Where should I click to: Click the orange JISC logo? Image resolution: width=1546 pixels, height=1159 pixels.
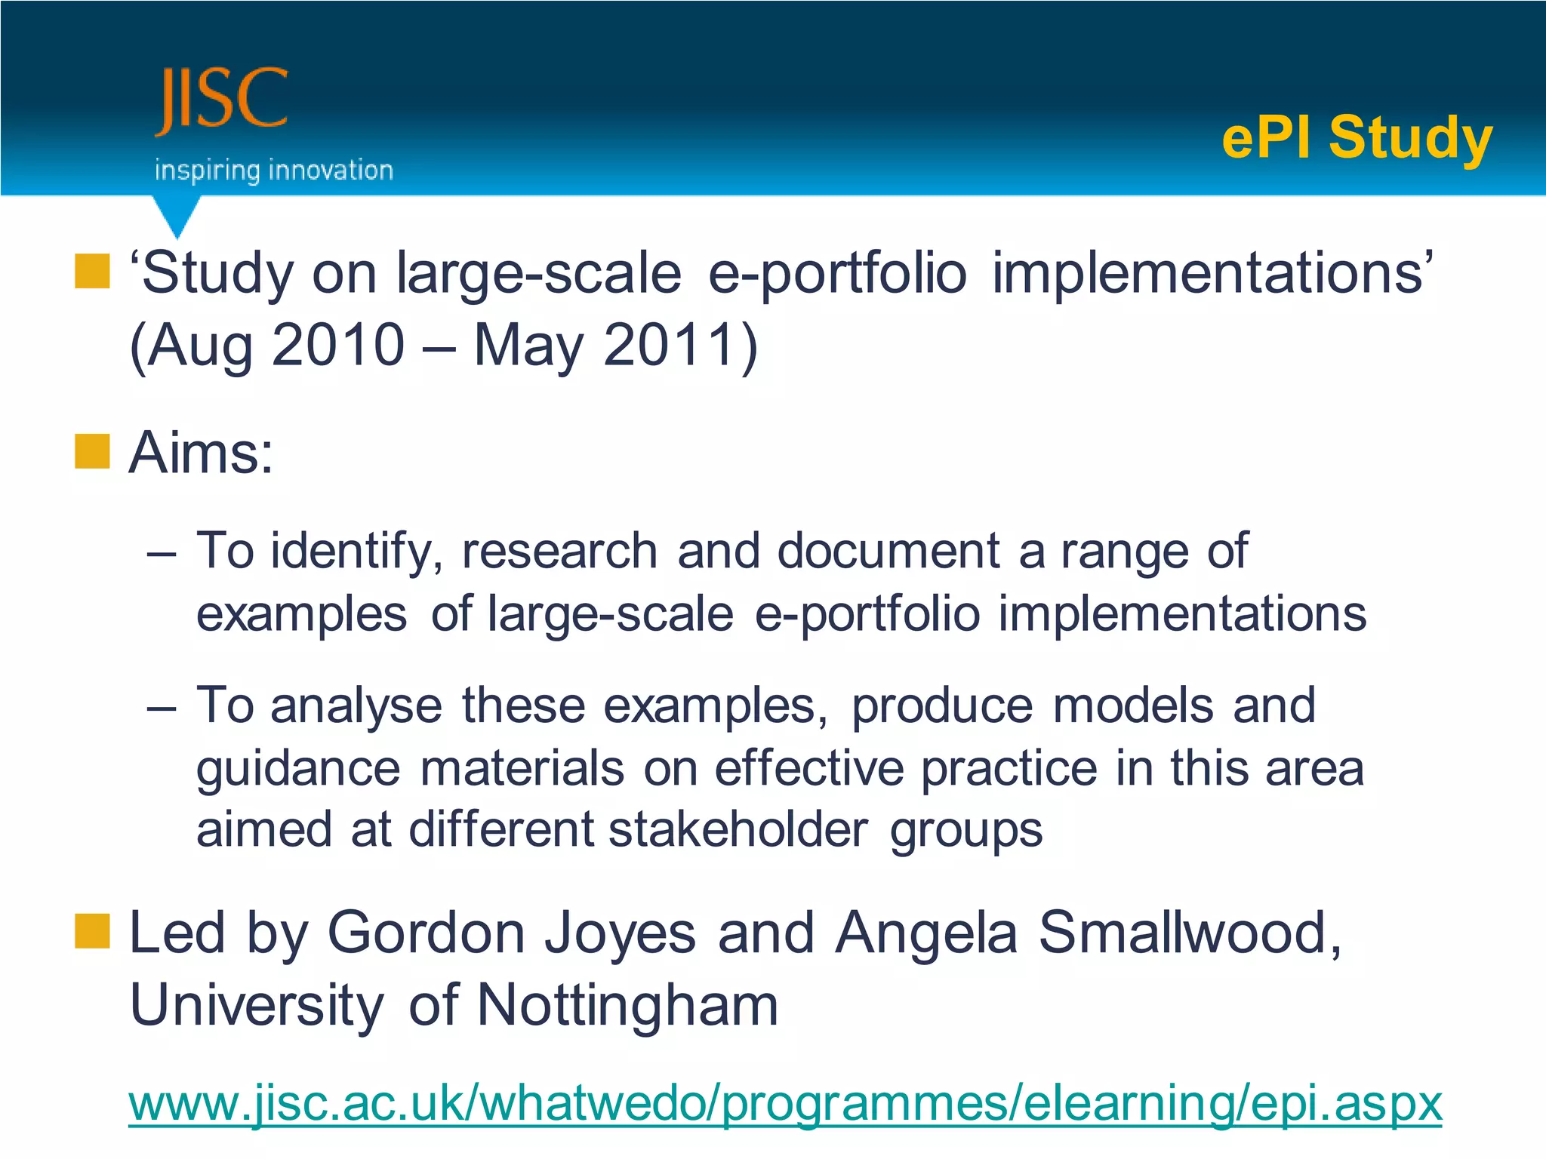[x=222, y=101]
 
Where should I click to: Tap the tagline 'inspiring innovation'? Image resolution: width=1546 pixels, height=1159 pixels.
[x=273, y=171]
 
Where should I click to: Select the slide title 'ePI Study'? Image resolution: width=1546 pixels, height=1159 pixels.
[x=1357, y=137]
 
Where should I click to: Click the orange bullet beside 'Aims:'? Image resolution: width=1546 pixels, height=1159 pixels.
[x=92, y=451]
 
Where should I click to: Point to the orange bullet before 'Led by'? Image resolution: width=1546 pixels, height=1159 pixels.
[x=92, y=930]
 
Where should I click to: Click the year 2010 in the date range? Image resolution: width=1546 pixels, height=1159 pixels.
[x=337, y=345]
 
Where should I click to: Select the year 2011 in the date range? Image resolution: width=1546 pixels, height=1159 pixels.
[x=670, y=345]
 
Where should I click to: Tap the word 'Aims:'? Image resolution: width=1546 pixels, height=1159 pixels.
[x=202, y=453]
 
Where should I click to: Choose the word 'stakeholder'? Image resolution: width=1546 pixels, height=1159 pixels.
[x=738, y=829]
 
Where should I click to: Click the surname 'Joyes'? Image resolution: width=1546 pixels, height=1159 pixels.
[x=620, y=933]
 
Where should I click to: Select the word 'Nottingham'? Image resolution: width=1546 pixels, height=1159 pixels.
[x=627, y=1005]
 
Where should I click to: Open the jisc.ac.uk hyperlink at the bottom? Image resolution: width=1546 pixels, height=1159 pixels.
[x=785, y=1103]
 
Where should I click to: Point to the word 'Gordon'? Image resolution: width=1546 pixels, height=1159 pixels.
[x=426, y=933]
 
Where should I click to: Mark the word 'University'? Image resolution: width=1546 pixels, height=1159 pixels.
[x=257, y=1005]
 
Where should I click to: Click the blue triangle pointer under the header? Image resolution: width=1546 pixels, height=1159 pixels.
[x=177, y=216]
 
